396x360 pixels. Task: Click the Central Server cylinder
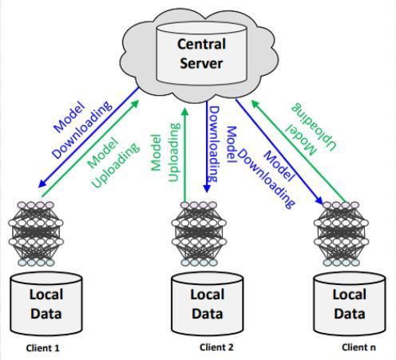201,53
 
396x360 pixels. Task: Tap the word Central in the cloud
201,44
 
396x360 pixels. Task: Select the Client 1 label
42,348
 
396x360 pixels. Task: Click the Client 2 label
216,347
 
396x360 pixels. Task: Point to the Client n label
358,347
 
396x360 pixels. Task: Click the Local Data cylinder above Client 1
46,304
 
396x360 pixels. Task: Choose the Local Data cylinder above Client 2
208,304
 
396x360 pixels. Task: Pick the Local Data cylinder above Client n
350,304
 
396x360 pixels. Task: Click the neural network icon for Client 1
36,234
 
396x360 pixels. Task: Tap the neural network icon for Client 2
199,234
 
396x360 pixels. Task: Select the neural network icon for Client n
341,234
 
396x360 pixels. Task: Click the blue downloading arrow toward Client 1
89,137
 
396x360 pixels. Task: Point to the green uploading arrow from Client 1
90,148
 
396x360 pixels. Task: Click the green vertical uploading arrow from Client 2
184,154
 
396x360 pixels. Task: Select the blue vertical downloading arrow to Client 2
207,147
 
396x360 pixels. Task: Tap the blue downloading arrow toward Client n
279,152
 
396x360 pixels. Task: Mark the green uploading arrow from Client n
299,151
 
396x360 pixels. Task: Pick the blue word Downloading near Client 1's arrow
82,129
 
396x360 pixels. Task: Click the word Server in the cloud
201,63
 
